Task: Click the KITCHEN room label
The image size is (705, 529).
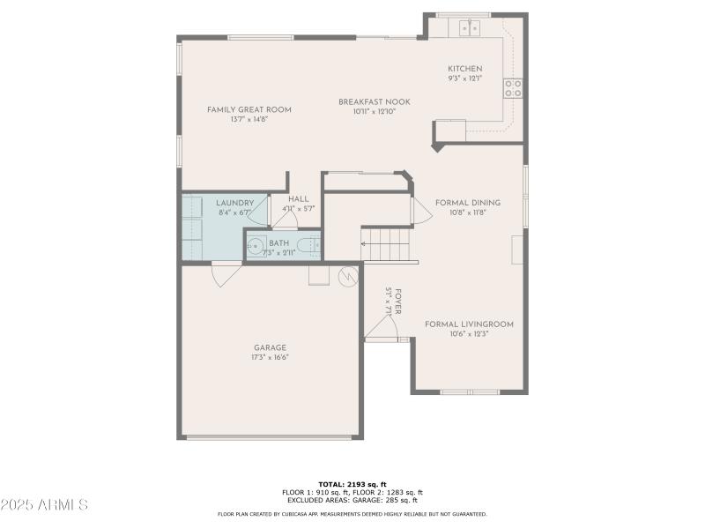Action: [x=464, y=69]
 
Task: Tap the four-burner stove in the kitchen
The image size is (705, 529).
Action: [x=513, y=87]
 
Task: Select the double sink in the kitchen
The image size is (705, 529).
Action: [x=468, y=28]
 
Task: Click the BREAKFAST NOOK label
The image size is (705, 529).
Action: [x=374, y=102]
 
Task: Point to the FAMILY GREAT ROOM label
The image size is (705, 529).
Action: [x=249, y=110]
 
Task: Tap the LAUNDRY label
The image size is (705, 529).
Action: [x=234, y=203]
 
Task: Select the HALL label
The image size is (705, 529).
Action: [x=298, y=199]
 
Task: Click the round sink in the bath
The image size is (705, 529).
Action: [x=256, y=244]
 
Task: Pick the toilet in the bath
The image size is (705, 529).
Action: [x=308, y=244]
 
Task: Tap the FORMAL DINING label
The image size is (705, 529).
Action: [x=467, y=203]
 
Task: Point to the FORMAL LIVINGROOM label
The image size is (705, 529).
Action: [x=469, y=324]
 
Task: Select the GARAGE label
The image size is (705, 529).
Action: [x=270, y=347]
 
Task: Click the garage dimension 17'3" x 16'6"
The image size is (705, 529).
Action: [x=270, y=357]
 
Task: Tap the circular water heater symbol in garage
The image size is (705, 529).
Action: [x=349, y=276]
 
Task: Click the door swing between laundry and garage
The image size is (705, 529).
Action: [x=224, y=273]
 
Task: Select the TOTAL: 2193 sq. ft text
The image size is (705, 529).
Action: [x=352, y=484]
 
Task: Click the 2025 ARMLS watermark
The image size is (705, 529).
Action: [x=44, y=505]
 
